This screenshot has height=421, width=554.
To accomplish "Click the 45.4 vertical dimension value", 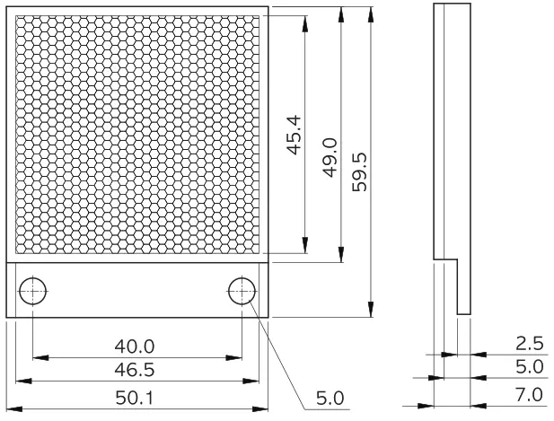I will (x=293, y=136).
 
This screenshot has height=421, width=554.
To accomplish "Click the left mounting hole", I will (x=33, y=290).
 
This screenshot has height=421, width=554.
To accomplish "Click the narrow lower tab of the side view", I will (x=462, y=287).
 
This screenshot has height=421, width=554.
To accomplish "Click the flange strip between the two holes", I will (x=136, y=290).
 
